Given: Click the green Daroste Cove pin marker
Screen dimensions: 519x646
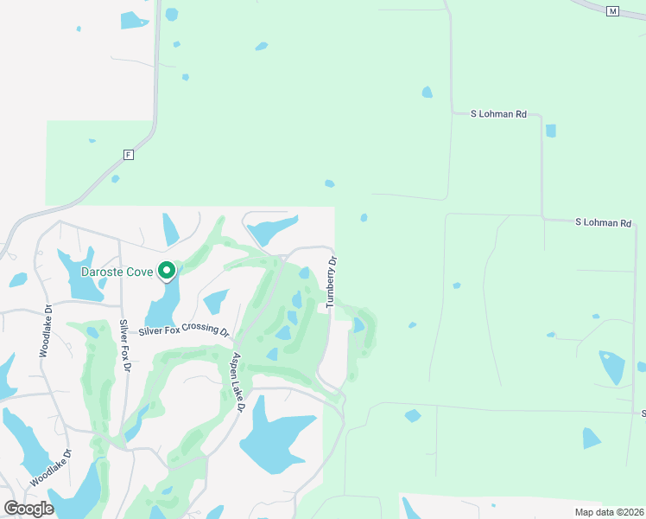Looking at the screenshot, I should coord(167,272).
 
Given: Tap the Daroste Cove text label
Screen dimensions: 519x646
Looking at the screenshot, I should coord(117,272).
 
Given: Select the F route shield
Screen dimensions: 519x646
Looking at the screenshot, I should coord(129,155).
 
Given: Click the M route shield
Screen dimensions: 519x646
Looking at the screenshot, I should coord(613,11).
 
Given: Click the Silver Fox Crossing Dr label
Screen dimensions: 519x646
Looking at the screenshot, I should coord(184,331).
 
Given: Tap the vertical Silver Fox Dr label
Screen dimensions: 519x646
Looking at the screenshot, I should coord(125,346).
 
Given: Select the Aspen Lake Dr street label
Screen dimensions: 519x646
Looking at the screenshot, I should coord(237,381).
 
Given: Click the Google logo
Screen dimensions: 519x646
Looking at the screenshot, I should coord(28,508).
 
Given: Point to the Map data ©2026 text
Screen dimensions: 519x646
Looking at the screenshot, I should coord(609,512).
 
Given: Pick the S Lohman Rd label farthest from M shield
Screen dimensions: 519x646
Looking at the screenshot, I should coord(604,222).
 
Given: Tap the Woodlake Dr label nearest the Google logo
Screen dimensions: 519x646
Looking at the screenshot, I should coord(51,469).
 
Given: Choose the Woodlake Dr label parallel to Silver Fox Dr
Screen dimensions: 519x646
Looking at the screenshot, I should coord(45,330).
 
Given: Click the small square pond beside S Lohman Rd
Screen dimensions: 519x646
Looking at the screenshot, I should coord(550,131).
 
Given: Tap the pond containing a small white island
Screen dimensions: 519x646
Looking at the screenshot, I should coord(612,367).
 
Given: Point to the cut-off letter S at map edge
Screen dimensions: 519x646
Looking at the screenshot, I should coord(643,413).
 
